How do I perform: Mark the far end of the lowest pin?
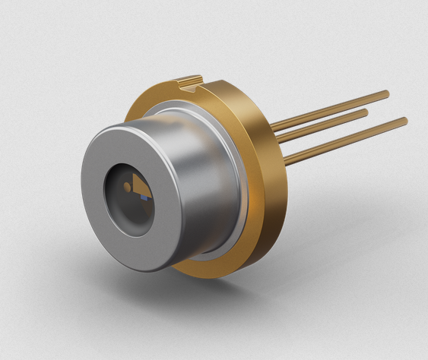click(x=404, y=121)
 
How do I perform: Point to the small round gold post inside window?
click(x=126, y=186)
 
